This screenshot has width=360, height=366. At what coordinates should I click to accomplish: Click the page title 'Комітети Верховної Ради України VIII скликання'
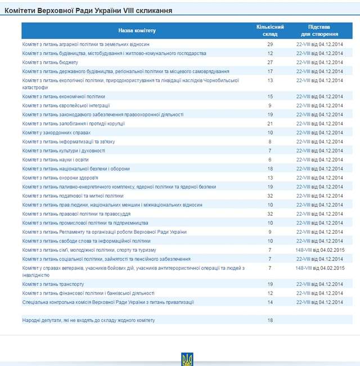(x=89, y=11)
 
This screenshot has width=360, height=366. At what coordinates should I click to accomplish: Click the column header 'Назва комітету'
(x=137, y=30)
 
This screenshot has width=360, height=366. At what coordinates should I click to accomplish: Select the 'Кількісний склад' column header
(x=270, y=30)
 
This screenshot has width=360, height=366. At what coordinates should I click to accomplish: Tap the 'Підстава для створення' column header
(x=319, y=30)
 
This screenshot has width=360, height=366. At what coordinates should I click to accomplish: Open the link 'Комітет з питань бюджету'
(x=50, y=63)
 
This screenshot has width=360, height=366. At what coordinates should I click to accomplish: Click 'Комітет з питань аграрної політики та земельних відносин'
(x=85, y=44)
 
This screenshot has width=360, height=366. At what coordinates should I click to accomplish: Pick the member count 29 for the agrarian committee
(x=270, y=44)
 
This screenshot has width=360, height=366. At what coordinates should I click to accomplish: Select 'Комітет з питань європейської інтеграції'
(x=66, y=105)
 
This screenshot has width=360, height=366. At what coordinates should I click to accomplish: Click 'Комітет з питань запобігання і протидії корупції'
(x=73, y=123)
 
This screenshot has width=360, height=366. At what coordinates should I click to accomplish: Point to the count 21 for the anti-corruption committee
(x=270, y=123)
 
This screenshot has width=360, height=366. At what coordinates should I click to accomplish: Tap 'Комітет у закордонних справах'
(x=56, y=132)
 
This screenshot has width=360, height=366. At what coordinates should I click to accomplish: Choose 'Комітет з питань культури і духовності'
(x=64, y=151)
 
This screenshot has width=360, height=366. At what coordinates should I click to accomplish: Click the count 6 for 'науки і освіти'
(x=270, y=160)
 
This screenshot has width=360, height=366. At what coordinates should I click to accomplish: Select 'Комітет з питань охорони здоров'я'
(x=64, y=178)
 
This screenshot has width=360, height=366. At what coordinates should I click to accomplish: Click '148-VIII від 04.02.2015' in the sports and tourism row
(x=319, y=250)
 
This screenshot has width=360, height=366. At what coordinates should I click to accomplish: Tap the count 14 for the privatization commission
(x=270, y=302)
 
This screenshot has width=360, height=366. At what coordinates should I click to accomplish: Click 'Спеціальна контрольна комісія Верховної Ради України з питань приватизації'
(x=108, y=302)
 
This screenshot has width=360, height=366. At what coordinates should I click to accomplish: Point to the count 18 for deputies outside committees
(x=270, y=320)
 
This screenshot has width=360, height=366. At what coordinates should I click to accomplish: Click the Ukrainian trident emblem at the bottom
(x=187, y=359)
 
